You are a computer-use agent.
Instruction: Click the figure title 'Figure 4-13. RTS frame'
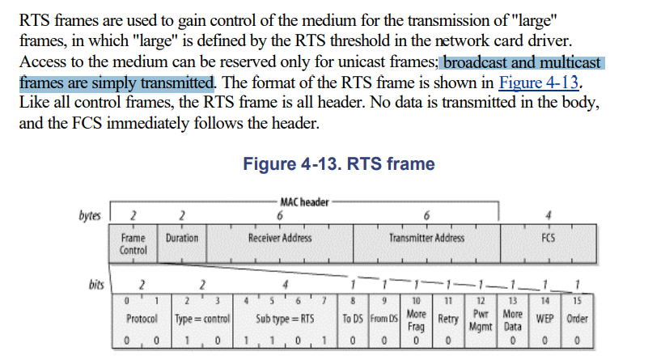click(338, 164)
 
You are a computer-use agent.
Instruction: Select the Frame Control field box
click(133, 244)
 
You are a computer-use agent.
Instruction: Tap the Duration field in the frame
click(182, 239)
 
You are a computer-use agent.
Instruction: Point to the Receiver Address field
click(279, 239)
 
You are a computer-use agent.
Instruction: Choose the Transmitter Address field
click(426, 239)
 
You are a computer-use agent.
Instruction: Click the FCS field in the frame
click(548, 239)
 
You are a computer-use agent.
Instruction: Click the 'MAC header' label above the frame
click(303, 202)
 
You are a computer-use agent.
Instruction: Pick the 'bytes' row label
click(90, 215)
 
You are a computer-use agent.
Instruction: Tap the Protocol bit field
click(142, 320)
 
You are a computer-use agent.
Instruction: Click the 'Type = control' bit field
click(202, 320)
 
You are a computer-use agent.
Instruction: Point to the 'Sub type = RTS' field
click(284, 320)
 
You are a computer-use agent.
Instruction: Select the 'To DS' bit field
click(352, 320)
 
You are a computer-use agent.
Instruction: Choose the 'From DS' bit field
click(384, 320)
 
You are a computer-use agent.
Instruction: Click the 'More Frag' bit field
click(416, 319)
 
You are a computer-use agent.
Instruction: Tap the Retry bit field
click(447, 320)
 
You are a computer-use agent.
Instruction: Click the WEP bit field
click(544, 320)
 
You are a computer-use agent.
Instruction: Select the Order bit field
click(576, 320)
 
